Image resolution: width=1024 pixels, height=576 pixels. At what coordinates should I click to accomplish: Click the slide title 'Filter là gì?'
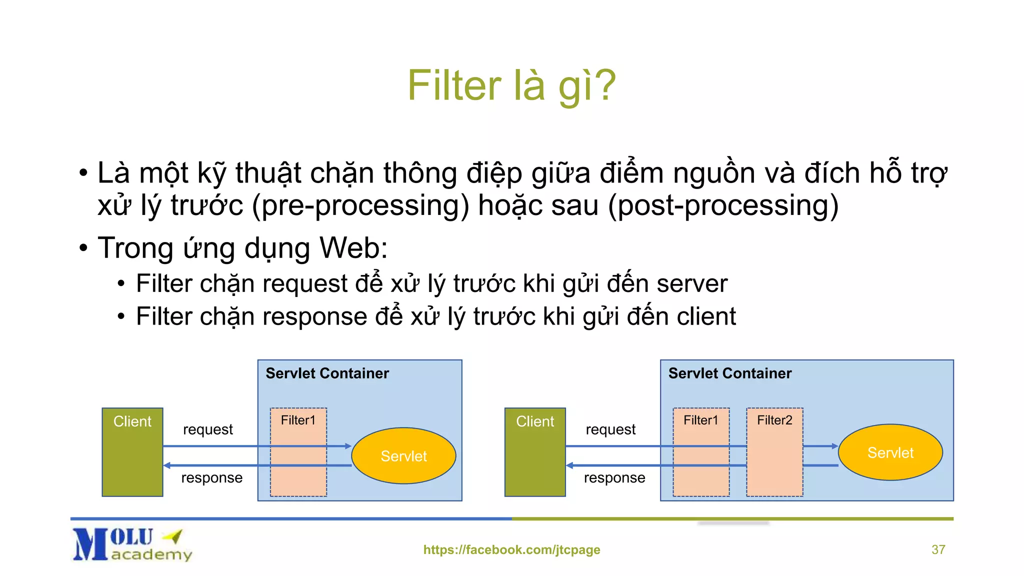click(511, 85)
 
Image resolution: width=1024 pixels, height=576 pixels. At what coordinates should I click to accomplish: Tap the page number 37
click(938, 549)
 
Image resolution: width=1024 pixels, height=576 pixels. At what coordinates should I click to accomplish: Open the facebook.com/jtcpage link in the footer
click(511, 549)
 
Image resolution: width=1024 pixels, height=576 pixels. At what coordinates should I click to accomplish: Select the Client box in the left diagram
click(132, 452)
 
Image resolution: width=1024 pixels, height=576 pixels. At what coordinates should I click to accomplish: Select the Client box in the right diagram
click(535, 452)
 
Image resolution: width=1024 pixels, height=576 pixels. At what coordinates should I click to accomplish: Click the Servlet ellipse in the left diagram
click(403, 455)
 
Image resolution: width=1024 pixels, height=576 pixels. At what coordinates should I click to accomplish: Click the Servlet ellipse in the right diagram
click(890, 452)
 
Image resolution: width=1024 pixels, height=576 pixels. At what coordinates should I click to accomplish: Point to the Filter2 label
click(774, 420)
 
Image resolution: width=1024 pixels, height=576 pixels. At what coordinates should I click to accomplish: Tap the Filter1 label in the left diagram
click(298, 420)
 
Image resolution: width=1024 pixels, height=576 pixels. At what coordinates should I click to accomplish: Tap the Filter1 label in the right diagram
click(700, 420)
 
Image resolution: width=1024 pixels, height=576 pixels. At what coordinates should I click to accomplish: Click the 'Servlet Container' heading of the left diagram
click(327, 373)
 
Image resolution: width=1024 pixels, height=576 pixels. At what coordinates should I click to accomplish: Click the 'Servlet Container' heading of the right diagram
click(729, 373)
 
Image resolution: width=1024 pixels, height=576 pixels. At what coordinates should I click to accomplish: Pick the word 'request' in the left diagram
click(208, 429)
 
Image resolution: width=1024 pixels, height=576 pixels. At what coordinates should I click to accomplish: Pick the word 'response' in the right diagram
click(614, 478)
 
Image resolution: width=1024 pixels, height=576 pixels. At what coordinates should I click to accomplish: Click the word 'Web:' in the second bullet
click(353, 248)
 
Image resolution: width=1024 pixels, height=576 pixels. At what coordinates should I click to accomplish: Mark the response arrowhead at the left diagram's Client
click(167, 465)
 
